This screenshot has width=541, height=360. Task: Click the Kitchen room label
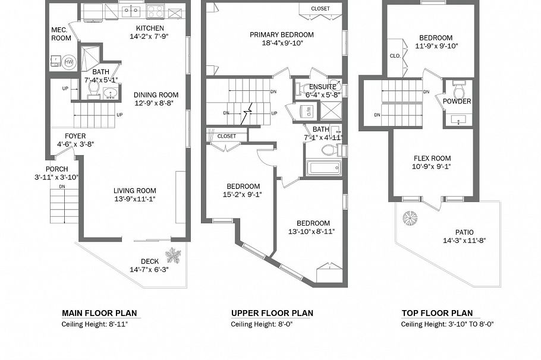[150, 28]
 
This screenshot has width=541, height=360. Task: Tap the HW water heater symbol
[69, 62]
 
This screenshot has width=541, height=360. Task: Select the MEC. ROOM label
[61, 34]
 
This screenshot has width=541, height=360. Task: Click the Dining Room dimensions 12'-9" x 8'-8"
[155, 103]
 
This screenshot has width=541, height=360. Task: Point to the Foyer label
[75, 136]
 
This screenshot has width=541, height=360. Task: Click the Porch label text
[56, 169]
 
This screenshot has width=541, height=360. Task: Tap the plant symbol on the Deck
[174, 255]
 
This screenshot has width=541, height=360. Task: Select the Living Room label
[135, 191]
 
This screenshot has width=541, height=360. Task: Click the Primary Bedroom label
[281, 34]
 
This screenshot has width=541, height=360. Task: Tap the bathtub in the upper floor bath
[323, 168]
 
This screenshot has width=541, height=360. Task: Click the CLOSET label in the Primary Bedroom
[320, 9]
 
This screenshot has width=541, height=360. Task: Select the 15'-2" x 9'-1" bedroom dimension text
[243, 194]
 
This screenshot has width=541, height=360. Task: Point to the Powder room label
[457, 102]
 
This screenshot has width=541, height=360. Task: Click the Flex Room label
[432, 159]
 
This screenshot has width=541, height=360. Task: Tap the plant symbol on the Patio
[410, 218]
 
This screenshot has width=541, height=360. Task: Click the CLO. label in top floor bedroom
[395, 56]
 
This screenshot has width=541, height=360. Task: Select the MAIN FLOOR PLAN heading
[103, 313]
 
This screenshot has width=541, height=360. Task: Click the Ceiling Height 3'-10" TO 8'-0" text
[447, 324]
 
